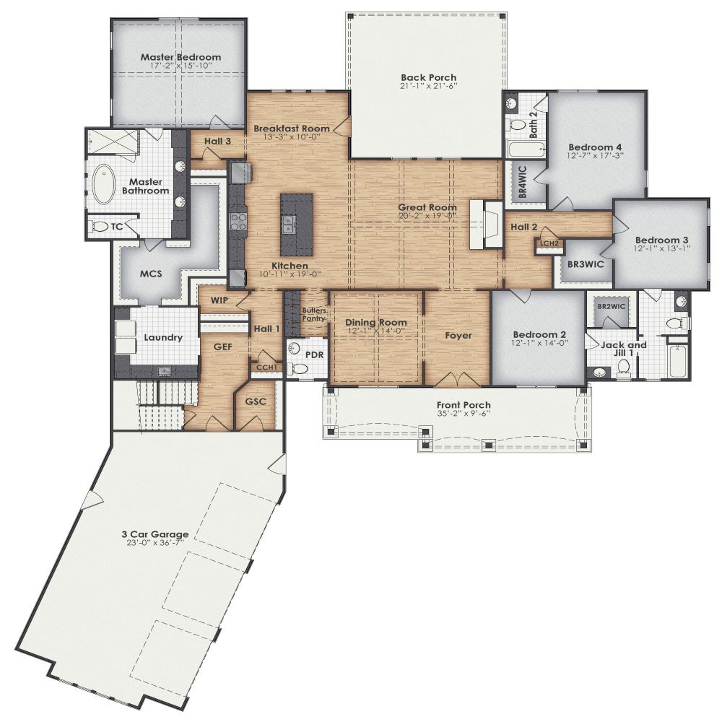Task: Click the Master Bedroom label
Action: pos(180,57)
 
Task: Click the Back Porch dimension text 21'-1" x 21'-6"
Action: pos(429,87)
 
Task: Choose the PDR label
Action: pos(313,355)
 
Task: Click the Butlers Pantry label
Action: pos(314,314)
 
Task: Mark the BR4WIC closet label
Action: pos(523,185)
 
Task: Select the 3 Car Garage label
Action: pos(155,535)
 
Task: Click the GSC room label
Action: pos(256,401)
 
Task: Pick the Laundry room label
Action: pos(162,337)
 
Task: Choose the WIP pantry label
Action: pos(219,300)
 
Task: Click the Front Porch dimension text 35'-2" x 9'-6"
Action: pos(464,414)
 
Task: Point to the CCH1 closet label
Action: pos(266,367)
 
